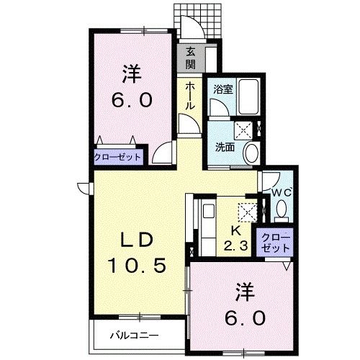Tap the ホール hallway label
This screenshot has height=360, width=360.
189,95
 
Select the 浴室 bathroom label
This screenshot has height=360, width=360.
222,91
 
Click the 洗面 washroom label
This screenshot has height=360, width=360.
224,147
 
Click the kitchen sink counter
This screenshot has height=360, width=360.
208,224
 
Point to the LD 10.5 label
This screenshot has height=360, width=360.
137,253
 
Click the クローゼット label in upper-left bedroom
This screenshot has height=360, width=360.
118,156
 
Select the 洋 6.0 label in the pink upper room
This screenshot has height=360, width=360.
130,87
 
